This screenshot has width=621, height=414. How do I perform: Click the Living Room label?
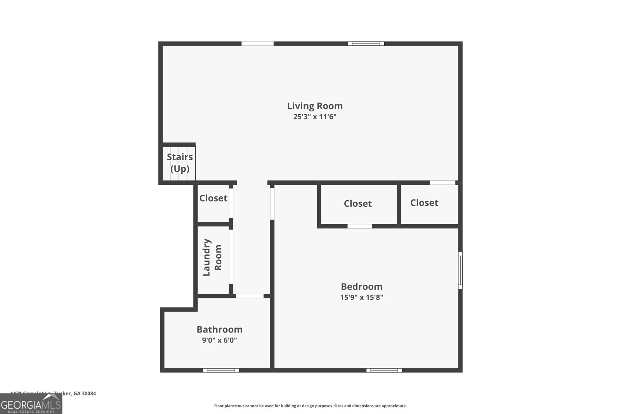(x=315, y=106)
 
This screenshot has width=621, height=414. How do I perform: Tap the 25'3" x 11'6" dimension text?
(x=315, y=117)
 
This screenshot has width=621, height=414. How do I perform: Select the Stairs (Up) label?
(x=180, y=163)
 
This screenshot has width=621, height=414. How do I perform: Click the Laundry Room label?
(x=212, y=257)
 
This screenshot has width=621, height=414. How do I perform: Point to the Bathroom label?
(x=219, y=329)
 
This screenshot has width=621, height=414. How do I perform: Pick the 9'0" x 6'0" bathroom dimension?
(x=219, y=340)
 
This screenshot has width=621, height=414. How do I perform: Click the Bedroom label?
(x=361, y=287)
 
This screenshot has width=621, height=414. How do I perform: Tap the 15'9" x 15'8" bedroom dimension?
(x=362, y=298)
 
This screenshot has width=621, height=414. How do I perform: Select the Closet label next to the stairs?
(x=213, y=198)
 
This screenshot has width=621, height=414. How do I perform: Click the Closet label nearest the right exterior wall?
(x=424, y=203)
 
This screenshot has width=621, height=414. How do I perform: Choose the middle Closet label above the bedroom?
(x=357, y=204)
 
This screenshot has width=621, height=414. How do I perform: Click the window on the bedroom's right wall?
(x=460, y=270)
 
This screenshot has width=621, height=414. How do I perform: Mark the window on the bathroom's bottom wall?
(x=221, y=370)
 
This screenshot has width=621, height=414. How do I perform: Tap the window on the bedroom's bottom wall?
(x=384, y=370)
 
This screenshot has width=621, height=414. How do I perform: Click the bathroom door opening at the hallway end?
(x=250, y=296)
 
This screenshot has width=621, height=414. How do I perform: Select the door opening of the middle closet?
(x=359, y=226)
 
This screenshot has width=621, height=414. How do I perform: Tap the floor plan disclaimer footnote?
(x=310, y=406)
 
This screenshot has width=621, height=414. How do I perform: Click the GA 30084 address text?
(x=84, y=393)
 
